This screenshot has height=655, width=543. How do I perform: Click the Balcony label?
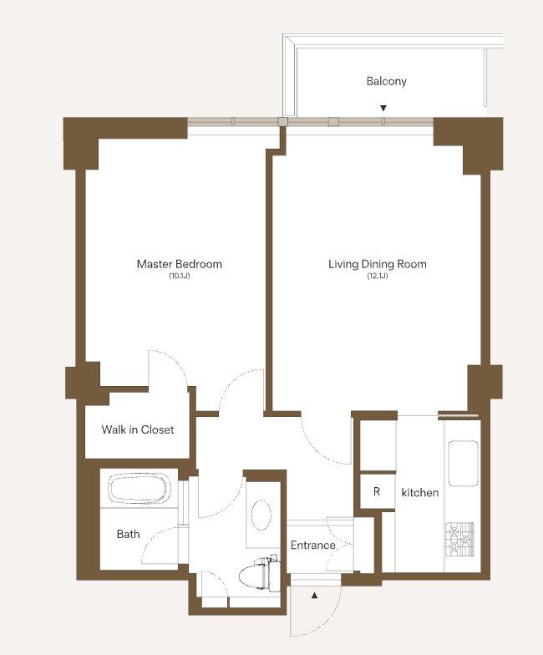(x=386, y=81)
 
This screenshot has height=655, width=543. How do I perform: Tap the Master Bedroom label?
(x=179, y=264)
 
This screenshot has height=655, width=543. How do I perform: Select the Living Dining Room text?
(x=378, y=264)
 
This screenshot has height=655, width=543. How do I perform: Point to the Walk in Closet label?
(x=137, y=429)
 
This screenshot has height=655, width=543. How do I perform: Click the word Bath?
(x=129, y=534)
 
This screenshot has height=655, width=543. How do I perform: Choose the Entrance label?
(x=312, y=545)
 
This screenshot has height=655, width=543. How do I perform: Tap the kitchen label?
(x=419, y=493)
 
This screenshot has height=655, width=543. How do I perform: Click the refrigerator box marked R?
(x=378, y=491)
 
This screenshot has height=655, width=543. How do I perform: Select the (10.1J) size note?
(x=179, y=276)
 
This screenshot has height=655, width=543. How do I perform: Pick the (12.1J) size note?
(x=378, y=276)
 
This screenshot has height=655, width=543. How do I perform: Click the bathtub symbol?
(x=140, y=488)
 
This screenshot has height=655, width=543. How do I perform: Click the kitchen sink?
(x=463, y=463)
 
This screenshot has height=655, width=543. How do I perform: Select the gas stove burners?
(x=459, y=540)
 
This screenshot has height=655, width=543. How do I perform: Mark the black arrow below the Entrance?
(x=314, y=595)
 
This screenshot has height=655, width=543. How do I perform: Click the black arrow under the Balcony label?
(x=383, y=109)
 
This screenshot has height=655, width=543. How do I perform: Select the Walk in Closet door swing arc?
(x=175, y=363)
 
